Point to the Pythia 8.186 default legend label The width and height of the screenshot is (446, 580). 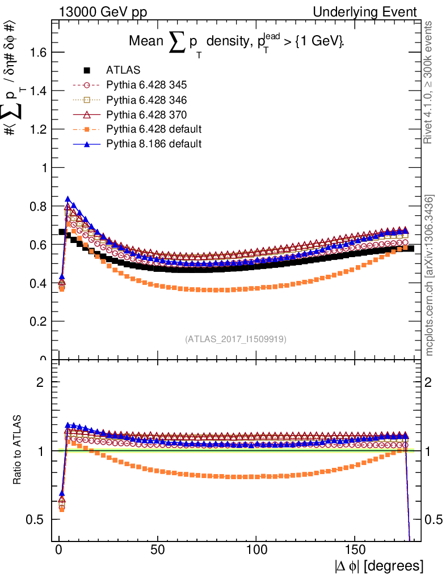[x=153, y=144]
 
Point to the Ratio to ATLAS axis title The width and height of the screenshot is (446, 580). [x=19, y=451]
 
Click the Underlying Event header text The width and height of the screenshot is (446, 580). [x=375, y=12]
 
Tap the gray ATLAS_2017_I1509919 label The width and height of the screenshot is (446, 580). [x=235, y=339]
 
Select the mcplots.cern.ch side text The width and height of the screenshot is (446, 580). [x=430, y=275]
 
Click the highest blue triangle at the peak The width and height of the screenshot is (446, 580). [x=68, y=199]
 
